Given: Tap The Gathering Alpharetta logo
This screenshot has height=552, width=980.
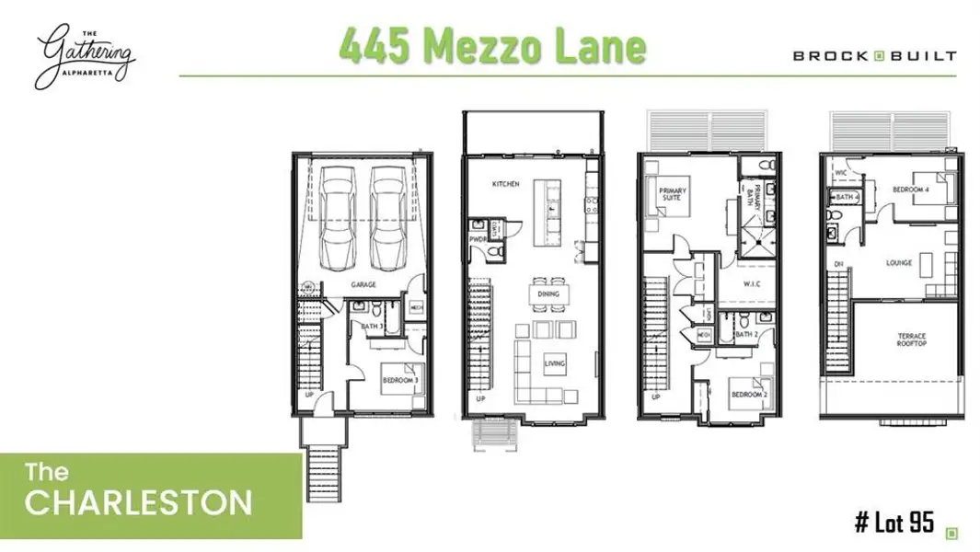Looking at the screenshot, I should point(86,57).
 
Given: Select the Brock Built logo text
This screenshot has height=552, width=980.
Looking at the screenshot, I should point(874,55).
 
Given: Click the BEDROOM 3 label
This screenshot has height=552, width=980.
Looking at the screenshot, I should point(400,379).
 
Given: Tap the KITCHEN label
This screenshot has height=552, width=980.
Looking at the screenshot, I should point(506,184).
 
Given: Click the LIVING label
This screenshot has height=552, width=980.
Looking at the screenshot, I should point(555,363).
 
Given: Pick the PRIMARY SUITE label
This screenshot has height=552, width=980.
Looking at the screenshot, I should point(673,195).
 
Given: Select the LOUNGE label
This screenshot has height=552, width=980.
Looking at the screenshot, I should point(899,263).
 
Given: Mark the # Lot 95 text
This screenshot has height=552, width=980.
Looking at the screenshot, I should point(894,524).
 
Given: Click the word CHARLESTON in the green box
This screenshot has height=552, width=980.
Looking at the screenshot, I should point(138,502).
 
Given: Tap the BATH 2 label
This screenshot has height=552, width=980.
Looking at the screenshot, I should point(744,334).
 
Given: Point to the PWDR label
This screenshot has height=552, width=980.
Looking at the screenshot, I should point(478,239).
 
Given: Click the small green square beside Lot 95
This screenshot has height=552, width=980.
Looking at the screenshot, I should point(952,532).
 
